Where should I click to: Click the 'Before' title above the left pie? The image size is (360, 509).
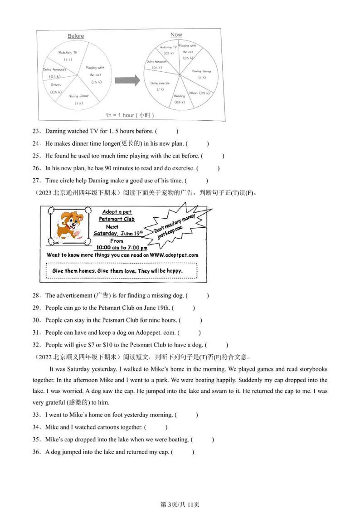[76, 36]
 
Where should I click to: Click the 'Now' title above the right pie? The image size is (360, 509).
[176, 34]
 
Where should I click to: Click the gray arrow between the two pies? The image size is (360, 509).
[126, 81]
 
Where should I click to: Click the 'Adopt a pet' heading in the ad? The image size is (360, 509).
[117, 212]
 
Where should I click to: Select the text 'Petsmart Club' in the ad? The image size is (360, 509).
[117, 219]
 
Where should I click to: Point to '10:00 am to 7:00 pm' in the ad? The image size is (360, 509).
[121, 248]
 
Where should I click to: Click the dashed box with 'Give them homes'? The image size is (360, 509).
[124, 271]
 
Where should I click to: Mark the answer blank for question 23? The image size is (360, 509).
[166, 132]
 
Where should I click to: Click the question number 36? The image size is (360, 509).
[36, 452]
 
